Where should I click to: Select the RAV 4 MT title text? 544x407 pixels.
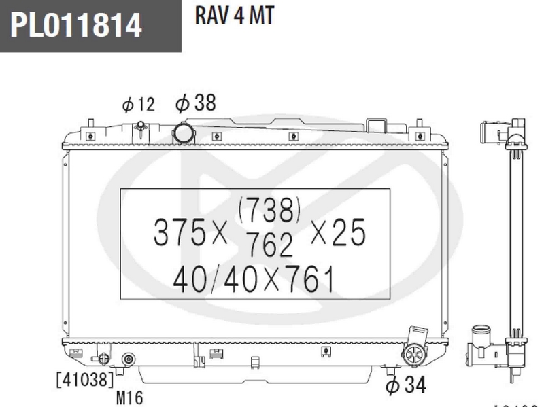tap(234, 16)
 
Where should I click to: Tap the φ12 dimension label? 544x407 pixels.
tap(139, 105)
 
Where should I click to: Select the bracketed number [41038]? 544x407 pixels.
tap(85, 379)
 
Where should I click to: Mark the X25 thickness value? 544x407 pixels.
tap(338, 234)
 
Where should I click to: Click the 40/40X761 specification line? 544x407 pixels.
tap(245, 279)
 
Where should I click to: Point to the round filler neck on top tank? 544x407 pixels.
tap(183, 130)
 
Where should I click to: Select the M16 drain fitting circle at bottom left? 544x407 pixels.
tap(127, 360)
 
